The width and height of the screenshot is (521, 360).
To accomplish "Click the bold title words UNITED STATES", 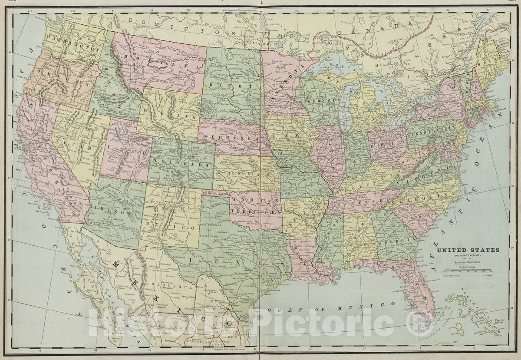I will click(468, 250).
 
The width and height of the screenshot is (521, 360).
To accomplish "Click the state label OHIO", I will click(388, 144).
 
